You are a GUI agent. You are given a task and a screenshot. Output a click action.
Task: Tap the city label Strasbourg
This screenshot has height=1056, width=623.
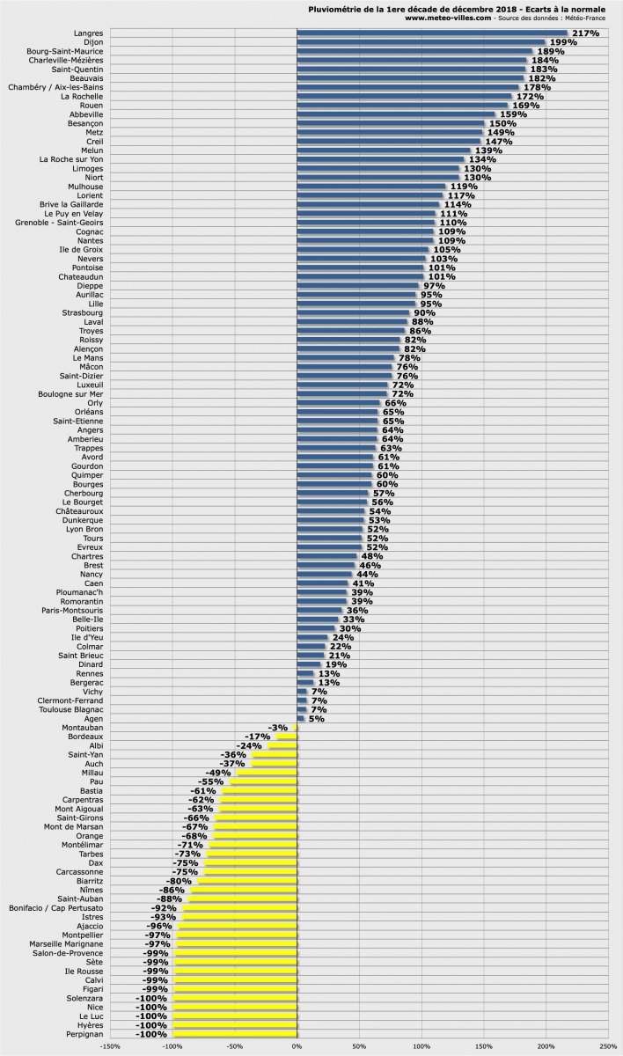83,312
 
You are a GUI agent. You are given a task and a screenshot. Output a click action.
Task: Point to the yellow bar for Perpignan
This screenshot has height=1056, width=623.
235,1034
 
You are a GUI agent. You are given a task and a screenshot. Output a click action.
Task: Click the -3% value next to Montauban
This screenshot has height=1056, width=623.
279,728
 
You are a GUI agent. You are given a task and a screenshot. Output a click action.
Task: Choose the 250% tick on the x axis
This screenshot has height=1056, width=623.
607,1046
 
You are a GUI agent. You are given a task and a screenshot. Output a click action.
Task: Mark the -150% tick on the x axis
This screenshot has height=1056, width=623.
110,1046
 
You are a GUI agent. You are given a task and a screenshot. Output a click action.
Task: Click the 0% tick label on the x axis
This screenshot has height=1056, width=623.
297,1046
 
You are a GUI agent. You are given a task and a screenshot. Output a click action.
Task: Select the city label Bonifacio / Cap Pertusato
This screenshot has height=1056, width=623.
55,907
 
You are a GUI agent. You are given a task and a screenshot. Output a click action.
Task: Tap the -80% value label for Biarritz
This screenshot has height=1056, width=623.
179,881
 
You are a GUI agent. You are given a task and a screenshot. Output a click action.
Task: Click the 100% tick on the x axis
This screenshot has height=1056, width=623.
421,1046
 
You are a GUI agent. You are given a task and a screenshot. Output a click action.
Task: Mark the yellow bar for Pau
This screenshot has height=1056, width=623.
263,782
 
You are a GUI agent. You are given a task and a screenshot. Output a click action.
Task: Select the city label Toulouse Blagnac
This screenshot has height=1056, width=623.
70,709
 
